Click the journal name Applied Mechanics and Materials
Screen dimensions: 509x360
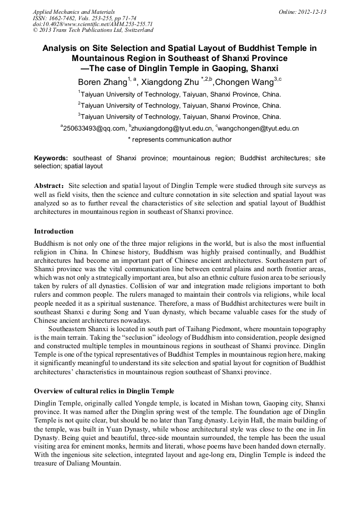[74, 12]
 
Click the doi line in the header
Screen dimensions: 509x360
[92, 24]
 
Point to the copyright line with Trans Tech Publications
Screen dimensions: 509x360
[93, 30]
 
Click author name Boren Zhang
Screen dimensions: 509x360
[101, 82]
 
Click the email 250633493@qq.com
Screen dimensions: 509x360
[94, 128]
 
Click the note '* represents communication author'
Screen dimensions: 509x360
[179, 140]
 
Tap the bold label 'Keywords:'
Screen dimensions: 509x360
[51, 158]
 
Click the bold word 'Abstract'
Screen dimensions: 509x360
[48, 186]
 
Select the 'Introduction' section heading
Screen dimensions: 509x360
[54, 231]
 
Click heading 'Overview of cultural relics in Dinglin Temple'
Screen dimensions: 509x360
[104, 391]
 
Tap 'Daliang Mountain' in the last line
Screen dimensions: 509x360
[93, 462]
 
